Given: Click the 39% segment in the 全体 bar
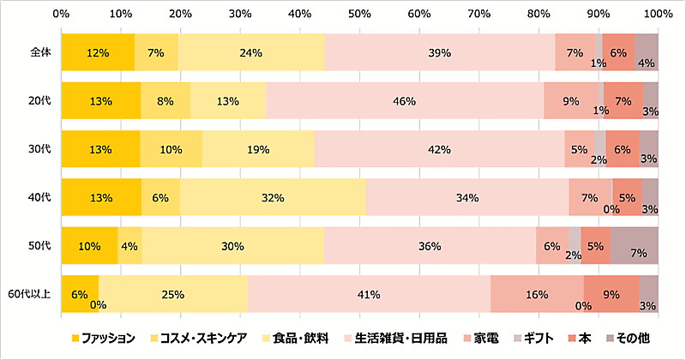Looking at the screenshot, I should pyautogui.click(x=439, y=52).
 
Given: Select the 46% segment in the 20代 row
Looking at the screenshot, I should pyautogui.click(x=405, y=100).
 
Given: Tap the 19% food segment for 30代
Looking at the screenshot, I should pyautogui.click(x=258, y=149).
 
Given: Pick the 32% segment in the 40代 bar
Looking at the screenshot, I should pyautogui.click(x=273, y=198).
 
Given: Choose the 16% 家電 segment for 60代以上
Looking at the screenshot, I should pyautogui.click(x=537, y=295).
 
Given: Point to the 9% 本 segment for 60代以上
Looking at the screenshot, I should pyautogui.click(x=611, y=295).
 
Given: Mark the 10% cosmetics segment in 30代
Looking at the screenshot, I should pyautogui.click(x=171, y=149).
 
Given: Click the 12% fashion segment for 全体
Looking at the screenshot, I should pyautogui.click(x=98, y=52).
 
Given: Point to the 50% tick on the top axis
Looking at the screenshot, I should pyautogui.click(x=359, y=15).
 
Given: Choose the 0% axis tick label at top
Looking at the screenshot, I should pyautogui.click(x=61, y=15).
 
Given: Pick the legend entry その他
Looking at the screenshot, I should pyautogui.click(x=632, y=338).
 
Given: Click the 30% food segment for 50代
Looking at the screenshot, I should pyautogui.click(x=232, y=247).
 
